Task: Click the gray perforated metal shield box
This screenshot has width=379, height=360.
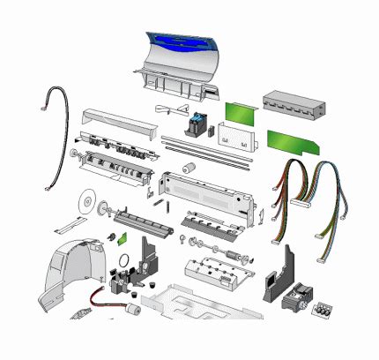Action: [x=294, y=107]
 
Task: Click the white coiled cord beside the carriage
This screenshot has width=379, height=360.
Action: [x=168, y=110]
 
